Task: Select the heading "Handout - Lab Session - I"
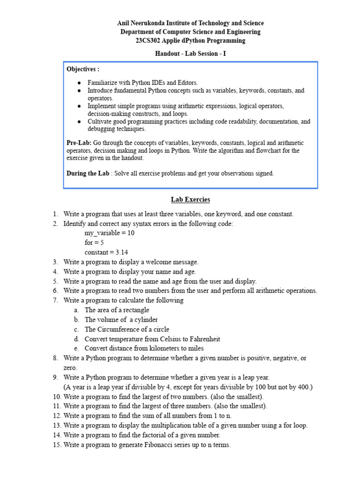(x=190, y=53)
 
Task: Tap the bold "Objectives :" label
(x=82, y=69)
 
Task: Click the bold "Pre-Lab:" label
(x=79, y=142)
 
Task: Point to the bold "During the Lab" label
(x=88, y=173)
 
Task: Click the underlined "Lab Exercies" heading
(x=190, y=200)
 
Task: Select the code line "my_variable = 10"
(x=109, y=233)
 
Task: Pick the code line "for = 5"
(x=94, y=243)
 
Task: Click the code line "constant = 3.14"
(x=106, y=252)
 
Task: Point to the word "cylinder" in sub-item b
(x=145, y=320)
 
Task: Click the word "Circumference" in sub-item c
(x=117, y=329)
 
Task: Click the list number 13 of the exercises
(x=56, y=426)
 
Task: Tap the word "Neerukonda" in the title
(x=148, y=23)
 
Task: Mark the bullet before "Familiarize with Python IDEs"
(x=79, y=82)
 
